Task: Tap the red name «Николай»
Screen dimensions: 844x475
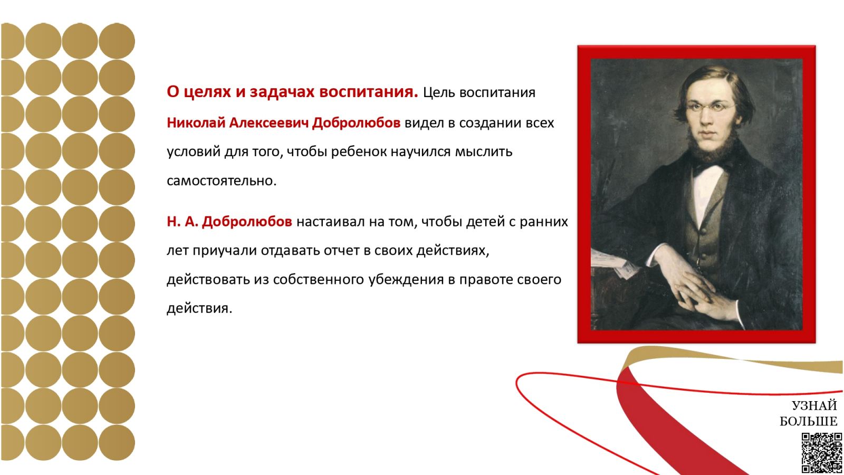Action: pyautogui.click(x=196, y=123)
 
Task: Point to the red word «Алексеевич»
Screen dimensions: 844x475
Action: pyautogui.click(x=268, y=123)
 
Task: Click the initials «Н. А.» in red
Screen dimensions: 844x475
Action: pyautogui.click(x=183, y=222)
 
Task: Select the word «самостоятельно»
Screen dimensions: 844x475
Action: pyautogui.click(x=222, y=181)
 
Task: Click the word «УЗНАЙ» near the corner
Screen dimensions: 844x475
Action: pyautogui.click(x=814, y=406)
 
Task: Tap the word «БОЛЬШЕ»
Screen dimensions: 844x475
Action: pyautogui.click(x=809, y=421)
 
